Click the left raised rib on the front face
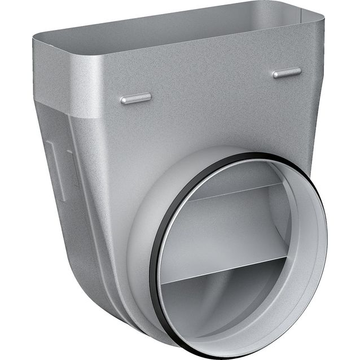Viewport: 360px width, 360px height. pos(135,98)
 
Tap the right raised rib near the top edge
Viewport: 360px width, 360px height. pos(287,72)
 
